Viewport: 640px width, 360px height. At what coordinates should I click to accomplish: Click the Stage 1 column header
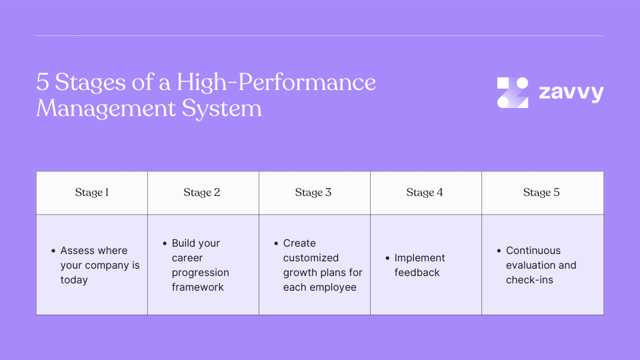pyautogui.click(x=92, y=193)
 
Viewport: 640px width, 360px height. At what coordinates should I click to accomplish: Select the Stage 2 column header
pyautogui.click(x=202, y=193)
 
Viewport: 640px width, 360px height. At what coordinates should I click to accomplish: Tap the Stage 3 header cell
pyautogui.click(x=313, y=193)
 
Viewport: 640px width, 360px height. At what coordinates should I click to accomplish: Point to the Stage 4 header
pyautogui.click(x=425, y=193)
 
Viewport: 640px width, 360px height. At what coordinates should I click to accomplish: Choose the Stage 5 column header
pyautogui.click(x=541, y=193)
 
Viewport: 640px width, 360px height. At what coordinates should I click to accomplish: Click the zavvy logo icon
pyautogui.click(x=513, y=93)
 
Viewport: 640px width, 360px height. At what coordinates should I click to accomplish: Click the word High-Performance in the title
pyautogui.click(x=276, y=83)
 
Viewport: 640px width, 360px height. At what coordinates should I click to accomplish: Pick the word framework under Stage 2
pyautogui.click(x=198, y=287)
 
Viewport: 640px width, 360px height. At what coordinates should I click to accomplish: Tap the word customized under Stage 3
pyautogui.click(x=311, y=258)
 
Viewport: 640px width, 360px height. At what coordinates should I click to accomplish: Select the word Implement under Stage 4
pyautogui.click(x=419, y=258)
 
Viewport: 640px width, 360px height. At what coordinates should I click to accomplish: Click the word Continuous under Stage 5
pyautogui.click(x=533, y=251)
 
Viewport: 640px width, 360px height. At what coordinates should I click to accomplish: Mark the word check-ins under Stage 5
pyautogui.click(x=529, y=280)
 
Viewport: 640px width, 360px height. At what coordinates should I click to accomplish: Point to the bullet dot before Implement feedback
pyautogui.click(x=387, y=258)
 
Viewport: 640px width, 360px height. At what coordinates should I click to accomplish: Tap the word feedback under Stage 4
pyautogui.click(x=417, y=273)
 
